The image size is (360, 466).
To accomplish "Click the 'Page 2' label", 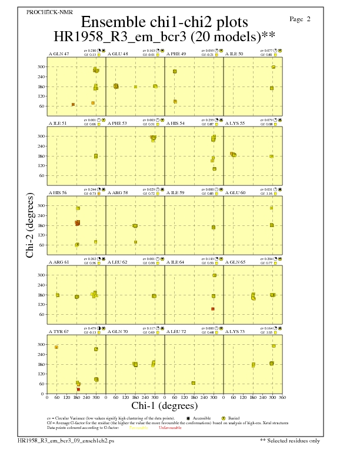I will click(x=300, y=19).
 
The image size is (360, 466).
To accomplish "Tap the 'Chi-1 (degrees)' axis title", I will click(x=164, y=405).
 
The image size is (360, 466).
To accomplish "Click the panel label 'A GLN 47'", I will click(x=59, y=54).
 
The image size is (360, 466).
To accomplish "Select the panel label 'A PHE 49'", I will click(x=176, y=54).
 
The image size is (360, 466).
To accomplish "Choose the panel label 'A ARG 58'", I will click(x=118, y=192).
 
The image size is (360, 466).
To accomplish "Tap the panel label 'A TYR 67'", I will click(x=59, y=331).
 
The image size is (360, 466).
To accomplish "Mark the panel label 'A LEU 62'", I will click(x=118, y=262).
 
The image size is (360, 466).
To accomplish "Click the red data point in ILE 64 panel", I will click(x=213, y=309).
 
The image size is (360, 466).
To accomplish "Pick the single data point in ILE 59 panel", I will click(x=214, y=227).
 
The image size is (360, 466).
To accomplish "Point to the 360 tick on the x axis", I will click(x=282, y=398).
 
